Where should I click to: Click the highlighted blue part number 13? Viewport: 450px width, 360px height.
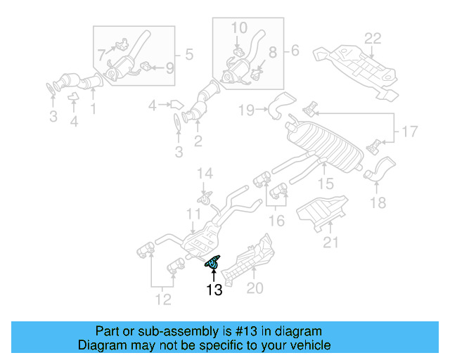point(212,262)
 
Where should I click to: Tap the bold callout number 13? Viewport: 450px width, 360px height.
point(214,289)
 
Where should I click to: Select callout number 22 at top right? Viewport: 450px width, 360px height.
point(372,38)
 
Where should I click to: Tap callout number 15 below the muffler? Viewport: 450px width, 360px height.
point(325,184)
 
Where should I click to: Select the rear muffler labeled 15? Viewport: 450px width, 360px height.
point(320,144)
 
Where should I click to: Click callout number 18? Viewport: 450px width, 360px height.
point(378,203)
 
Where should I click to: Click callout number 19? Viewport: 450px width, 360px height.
point(245,110)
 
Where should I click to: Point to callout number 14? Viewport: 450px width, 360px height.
point(204,173)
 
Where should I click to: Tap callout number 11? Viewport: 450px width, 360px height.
point(193,214)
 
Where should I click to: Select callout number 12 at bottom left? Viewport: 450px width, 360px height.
point(162,300)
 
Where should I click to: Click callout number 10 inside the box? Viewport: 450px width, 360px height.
point(239,27)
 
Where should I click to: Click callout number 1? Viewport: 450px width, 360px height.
point(93,109)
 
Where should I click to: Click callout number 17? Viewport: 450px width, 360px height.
point(409,131)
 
